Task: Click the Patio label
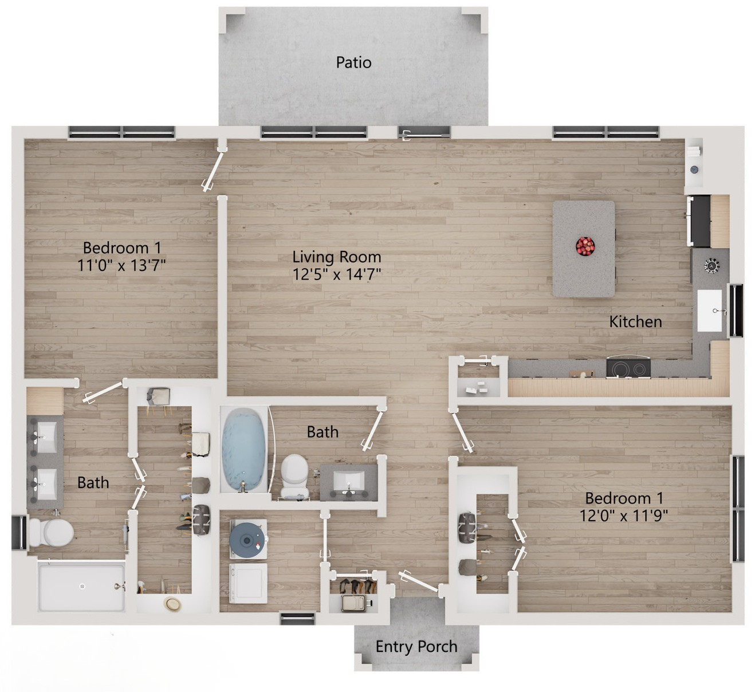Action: (x=353, y=62)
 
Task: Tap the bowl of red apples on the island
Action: (x=585, y=246)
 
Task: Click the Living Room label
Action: (x=337, y=257)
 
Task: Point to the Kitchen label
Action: (x=635, y=322)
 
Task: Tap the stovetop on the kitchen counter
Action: (x=628, y=368)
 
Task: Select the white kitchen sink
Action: (x=709, y=310)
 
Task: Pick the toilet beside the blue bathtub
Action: (x=294, y=475)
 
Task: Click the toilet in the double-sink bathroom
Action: (x=51, y=532)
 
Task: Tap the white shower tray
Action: (x=82, y=586)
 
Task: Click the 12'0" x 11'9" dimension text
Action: (x=624, y=516)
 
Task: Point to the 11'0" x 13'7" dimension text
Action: (x=121, y=265)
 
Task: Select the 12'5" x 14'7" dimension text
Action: (x=337, y=274)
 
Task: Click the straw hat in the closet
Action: (x=172, y=605)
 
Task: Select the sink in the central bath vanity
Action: (x=348, y=481)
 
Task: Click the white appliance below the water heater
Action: (x=249, y=583)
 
